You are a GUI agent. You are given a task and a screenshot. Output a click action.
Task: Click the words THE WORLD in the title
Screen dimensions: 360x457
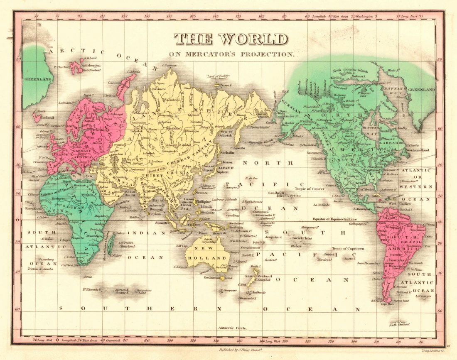click(x=231, y=39)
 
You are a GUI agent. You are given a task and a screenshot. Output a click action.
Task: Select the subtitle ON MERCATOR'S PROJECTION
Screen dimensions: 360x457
click(x=231, y=54)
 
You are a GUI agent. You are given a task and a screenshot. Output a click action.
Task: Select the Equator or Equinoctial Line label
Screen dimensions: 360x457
click(x=335, y=219)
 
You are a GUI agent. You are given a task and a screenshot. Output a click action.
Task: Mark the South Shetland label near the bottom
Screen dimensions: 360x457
click(x=400, y=325)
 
